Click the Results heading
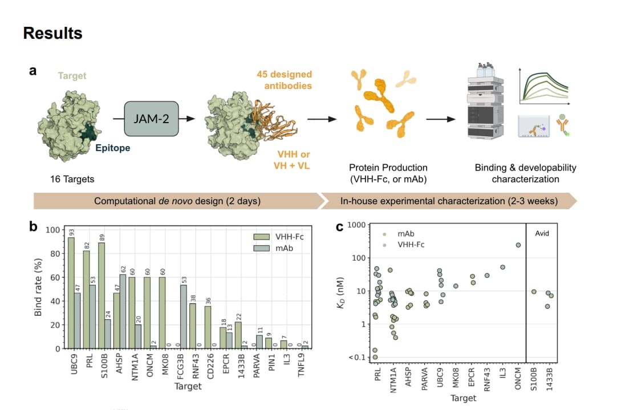click(52, 33)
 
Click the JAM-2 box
click(151, 119)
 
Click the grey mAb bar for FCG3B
click(184, 317)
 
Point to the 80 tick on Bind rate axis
click(55, 254)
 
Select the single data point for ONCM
click(518, 245)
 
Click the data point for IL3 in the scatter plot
click(502, 267)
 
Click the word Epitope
click(113, 148)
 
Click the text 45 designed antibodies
click(283, 80)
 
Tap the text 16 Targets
click(72, 179)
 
